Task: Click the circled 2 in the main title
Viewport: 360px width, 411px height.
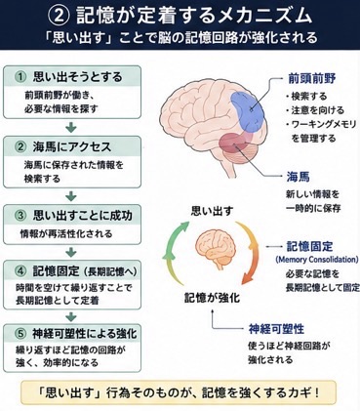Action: point(59,16)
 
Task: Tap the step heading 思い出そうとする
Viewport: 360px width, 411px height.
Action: point(78,77)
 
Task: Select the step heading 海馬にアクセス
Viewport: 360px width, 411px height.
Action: point(72,147)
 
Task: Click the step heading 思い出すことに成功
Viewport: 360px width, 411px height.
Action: point(83,216)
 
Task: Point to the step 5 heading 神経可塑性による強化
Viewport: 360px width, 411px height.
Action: point(85,334)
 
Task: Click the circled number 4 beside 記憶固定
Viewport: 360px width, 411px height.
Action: point(20,271)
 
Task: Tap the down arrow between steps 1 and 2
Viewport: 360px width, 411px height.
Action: point(71,127)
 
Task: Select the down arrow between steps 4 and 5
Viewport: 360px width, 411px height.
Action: point(71,316)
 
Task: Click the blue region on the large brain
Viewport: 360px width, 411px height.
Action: point(248,111)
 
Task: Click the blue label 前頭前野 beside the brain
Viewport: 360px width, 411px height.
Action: point(312,78)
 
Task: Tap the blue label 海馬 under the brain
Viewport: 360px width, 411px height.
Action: point(298,177)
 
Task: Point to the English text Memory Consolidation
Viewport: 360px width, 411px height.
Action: point(317,260)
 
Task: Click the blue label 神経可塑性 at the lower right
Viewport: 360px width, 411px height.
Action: point(276,329)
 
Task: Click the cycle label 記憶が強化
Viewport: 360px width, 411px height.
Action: point(212,298)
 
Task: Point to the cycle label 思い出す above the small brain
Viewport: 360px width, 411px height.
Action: point(212,211)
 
